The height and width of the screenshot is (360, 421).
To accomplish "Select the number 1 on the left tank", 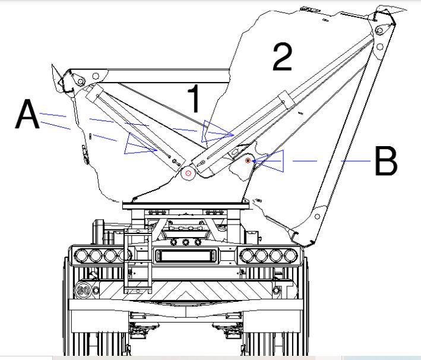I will click(194, 99).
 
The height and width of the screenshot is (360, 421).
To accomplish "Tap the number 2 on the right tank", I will click(282, 58).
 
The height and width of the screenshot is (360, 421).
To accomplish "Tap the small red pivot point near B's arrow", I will click(248, 160).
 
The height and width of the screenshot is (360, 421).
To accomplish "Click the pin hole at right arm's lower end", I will click(318, 216).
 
